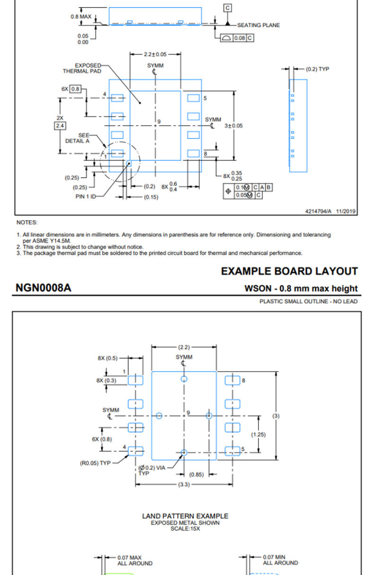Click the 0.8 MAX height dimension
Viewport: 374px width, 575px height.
pyautogui.click(x=81, y=17)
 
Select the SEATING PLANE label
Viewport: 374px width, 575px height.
pyautogui.click(x=258, y=25)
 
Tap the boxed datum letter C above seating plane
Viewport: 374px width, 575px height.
pyautogui.click(x=227, y=8)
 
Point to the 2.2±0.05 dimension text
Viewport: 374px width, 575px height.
pyautogui.click(x=155, y=55)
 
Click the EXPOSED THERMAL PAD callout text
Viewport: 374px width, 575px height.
pyautogui.click(x=82, y=68)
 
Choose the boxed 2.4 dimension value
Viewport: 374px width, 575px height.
pyautogui.click(x=60, y=126)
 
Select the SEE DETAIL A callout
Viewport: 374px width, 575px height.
pyautogui.click(x=78, y=138)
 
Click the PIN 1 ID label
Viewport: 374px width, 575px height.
pyautogui.click(x=86, y=197)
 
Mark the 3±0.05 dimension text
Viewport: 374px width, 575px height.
pyautogui.click(x=233, y=126)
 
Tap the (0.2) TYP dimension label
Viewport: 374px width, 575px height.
pyautogui.click(x=317, y=69)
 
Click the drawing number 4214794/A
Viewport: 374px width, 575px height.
pyautogui.click(x=318, y=211)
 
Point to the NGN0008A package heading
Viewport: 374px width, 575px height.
pyautogui.click(x=44, y=288)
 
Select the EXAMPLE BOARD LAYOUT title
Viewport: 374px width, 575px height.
pyautogui.click(x=289, y=271)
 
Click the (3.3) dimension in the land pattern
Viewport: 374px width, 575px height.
pyautogui.click(x=184, y=484)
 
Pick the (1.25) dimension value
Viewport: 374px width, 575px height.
pyautogui.click(x=258, y=435)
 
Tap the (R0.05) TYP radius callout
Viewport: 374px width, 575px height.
pyautogui.click(x=95, y=463)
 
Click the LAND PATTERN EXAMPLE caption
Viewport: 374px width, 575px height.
pyautogui.click(x=185, y=516)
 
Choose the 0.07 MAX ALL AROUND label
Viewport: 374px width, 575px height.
pyautogui.click(x=135, y=560)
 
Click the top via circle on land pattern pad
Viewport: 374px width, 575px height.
pyautogui.click(x=184, y=379)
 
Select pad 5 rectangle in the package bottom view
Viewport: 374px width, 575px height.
pyautogui.click(x=193, y=98)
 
